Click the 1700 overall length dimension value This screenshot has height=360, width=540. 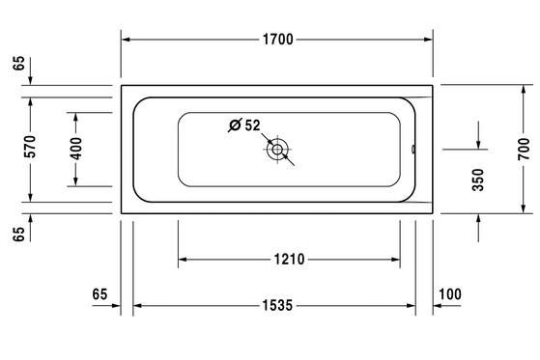click(x=278, y=40)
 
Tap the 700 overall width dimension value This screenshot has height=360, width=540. click(x=524, y=149)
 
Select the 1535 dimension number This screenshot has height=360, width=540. click(x=277, y=305)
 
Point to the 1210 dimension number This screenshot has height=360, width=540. click(x=289, y=260)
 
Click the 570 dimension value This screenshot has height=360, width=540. click(x=30, y=147)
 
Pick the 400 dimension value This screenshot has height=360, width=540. click(x=75, y=149)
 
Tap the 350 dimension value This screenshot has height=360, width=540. click(x=478, y=180)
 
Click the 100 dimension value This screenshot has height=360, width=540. click(x=450, y=294)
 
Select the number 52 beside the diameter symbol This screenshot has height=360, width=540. click(x=252, y=125)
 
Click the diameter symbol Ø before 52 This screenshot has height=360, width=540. click(x=235, y=125)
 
